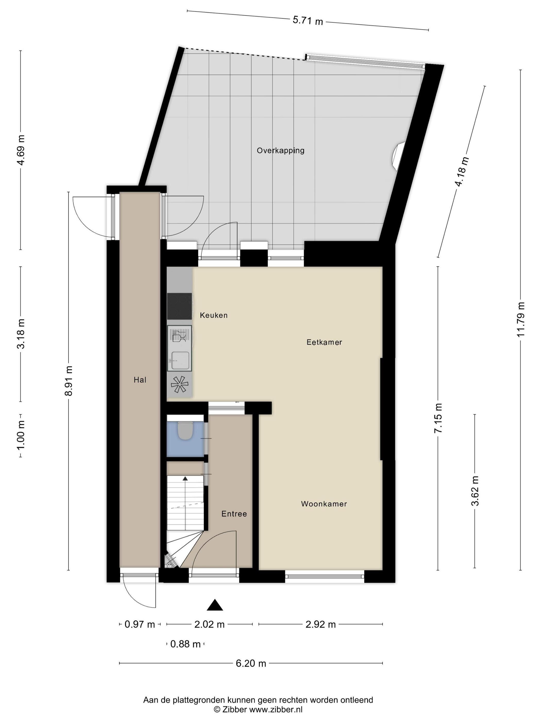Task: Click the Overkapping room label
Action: tap(281, 151)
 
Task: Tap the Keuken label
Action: tap(214, 315)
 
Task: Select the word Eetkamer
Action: tap(324, 342)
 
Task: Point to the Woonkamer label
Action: tap(324, 504)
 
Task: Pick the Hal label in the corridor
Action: tap(140, 380)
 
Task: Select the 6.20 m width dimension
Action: tap(251, 663)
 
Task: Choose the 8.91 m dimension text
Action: tap(69, 381)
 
